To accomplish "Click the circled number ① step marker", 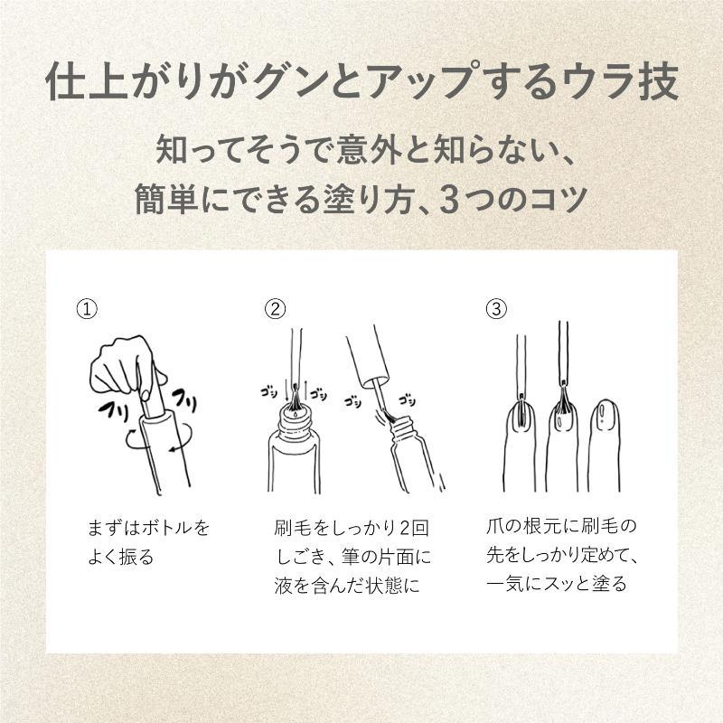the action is (87, 309).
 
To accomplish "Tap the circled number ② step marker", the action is (275, 309).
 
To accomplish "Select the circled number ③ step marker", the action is (496, 309).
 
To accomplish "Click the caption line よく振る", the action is (121, 557).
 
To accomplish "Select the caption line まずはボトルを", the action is (148, 528).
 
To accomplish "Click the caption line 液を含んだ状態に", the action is (347, 586).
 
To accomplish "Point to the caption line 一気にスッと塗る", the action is (557, 584).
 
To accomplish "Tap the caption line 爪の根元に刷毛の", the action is (561, 526).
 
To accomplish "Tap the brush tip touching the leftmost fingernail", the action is (521, 410).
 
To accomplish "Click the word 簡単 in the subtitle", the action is (167, 200).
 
